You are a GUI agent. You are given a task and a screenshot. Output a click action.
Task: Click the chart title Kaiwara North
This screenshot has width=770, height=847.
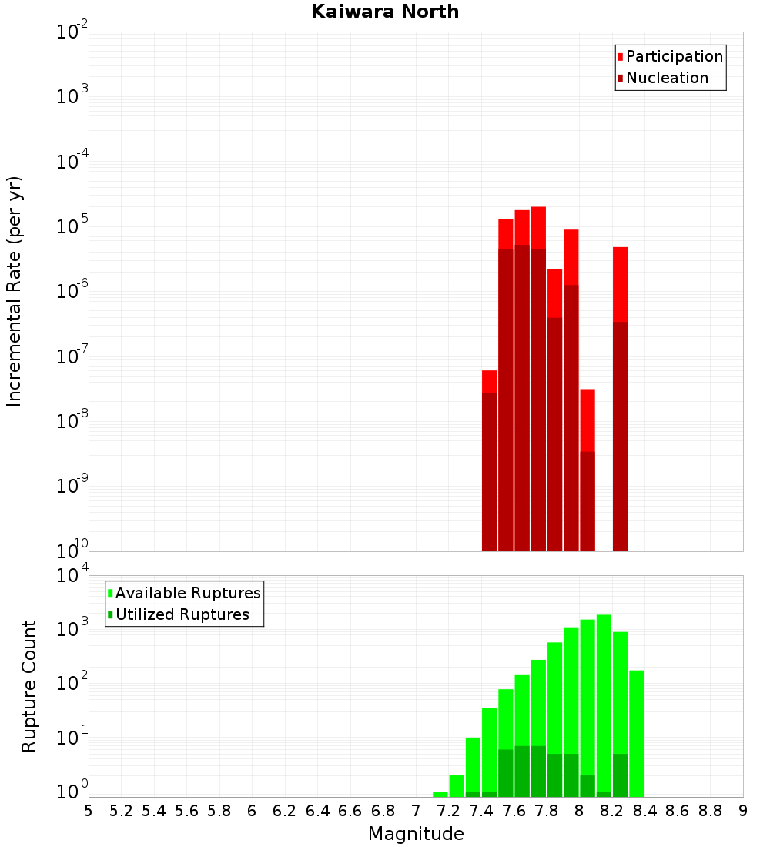[x=385, y=12]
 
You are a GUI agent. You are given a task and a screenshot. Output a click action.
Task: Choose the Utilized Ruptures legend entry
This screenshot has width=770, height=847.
[x=182, y=614]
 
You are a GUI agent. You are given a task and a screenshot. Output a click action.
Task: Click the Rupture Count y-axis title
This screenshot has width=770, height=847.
[x=29, y=686]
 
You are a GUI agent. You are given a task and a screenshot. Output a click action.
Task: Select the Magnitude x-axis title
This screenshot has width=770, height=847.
[x=416, y=833]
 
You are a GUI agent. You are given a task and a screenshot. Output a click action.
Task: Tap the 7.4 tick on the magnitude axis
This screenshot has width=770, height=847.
[x=481, y=810]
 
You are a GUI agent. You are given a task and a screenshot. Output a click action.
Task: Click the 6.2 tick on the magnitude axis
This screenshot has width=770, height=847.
[x=285, y=810]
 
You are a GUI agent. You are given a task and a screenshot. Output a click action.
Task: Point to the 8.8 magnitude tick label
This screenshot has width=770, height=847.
[x=710, y=810]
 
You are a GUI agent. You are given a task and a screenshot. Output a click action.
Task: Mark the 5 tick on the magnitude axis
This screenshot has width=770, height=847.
[x=89, y=810]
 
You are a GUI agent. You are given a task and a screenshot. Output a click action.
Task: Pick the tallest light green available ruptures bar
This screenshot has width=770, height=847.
[x=604, y=693]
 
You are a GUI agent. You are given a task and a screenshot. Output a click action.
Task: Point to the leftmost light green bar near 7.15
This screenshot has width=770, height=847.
[x=440, y=794]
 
